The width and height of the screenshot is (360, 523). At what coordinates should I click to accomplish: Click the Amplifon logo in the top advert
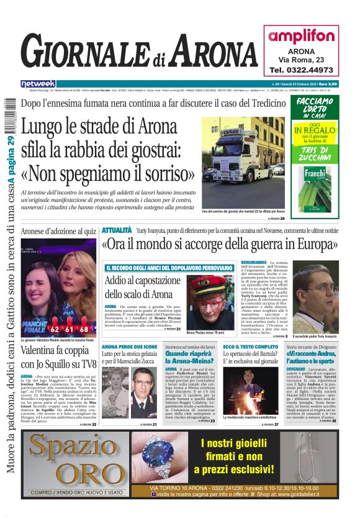pos(302,35)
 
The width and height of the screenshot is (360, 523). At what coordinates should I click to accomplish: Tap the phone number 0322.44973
pos(302,70)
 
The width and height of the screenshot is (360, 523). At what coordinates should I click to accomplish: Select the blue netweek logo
pos(38,83)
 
